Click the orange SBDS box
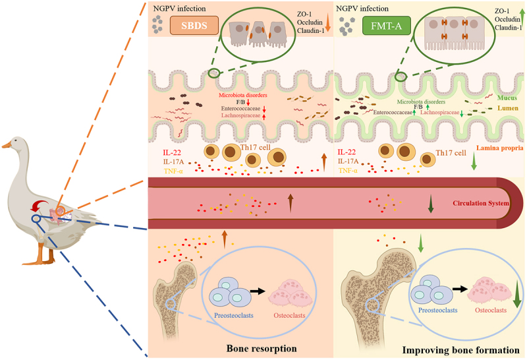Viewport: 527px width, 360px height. pyautogui.click(x=194, y=26)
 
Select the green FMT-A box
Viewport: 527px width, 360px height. pyautogui.click(x=387, y=26)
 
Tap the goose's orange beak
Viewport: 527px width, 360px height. pyautogui.click(x=7, y=144)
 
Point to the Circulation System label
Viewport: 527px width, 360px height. pyautogui.click(x=481, y=203)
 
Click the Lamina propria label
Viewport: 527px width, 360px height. pyautogui.click(x=499, y=148)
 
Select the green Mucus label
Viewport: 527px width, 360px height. pyautogui.click(x=507, y=98)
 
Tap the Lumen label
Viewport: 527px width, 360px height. pyautogui.click(x=508, y=108)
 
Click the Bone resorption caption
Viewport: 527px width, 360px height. pyautogui.click(x=262, y=348)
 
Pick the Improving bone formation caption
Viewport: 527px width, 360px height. pyautogui.click(x=460, y=350)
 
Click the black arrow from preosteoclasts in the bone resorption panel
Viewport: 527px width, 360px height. pyautogui.click(x=257, y=291)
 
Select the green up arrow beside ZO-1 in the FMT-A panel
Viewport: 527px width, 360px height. pyautogui.click(x=522, y=17)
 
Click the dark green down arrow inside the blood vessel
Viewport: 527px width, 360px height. pyautogui.click(x=431, y=204)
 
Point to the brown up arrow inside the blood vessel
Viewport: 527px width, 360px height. pyautogui.click(x=291, y=203)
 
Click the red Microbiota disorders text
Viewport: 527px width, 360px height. pyautogui.click(x=242, y=95)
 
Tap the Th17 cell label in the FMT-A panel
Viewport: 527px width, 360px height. pyautogui.click(x=451, y=153)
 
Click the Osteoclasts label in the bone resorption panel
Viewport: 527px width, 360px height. pyautogui.click(x=289, y=315)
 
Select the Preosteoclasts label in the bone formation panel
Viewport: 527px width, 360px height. pyautogui.click(x=437, y=310)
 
